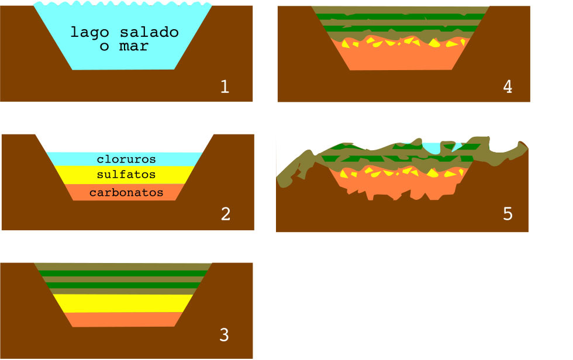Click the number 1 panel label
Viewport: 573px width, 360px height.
pos(225,87)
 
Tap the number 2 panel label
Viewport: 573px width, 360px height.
pos(226,214)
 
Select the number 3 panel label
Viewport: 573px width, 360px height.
pos(225,335)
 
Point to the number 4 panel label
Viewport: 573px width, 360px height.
pos(507,87)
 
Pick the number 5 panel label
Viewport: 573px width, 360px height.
pos(508,214)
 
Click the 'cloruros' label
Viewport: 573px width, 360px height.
pos(126,159)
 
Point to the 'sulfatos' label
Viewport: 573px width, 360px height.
pos(126,174)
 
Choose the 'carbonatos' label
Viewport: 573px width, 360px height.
pos(126,192)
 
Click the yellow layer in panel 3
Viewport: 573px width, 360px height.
pos(123,303)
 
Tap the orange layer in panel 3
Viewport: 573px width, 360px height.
pos(123,319)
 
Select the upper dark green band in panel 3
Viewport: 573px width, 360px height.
pos(123,274)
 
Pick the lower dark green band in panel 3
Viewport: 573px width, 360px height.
pos(123,285)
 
